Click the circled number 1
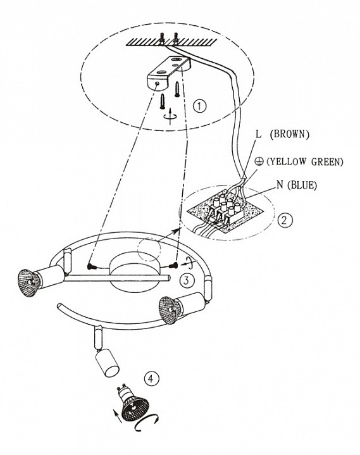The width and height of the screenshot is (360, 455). click(x=200, y=106)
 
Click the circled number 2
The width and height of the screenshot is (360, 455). click(x=285, y=220)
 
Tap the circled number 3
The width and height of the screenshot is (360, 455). click(x=187, y=280)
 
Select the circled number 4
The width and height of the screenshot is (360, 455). click(x=151, y=378)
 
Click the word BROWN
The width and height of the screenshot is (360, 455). click(x=290, y=134)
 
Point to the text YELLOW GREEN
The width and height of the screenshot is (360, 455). click(x=304, y=161)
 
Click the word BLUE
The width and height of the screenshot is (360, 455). click(x=302, y=185)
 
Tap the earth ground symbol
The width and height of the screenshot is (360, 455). click(x=261, y=161)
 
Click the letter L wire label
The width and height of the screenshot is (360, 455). click(x=259, y=134)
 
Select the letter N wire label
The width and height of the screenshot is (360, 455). click(x=280, y=185)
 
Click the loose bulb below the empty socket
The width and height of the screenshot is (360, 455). click(x=132, y=401)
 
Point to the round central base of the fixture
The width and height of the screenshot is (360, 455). click(x=133, y=273)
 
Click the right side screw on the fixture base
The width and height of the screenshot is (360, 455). click(x=175, y=265)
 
